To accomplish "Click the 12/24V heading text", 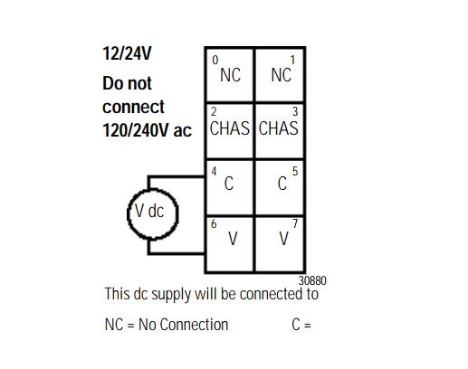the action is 127,53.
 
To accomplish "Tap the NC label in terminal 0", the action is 230,75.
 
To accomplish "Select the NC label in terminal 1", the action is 282,75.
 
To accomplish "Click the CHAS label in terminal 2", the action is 230,128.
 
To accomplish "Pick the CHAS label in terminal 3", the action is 279,128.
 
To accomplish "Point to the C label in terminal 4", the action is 229,183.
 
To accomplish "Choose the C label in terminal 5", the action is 282,183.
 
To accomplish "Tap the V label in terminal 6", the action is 233,239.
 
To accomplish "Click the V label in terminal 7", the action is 283,239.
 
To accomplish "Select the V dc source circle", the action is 128,213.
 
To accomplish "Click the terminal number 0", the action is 215,60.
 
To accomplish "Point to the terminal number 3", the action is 295,111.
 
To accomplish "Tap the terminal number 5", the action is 295,171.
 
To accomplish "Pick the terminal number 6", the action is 214,224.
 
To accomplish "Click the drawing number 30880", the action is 312,280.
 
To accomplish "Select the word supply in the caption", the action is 171,295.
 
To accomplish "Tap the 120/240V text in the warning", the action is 136,130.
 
